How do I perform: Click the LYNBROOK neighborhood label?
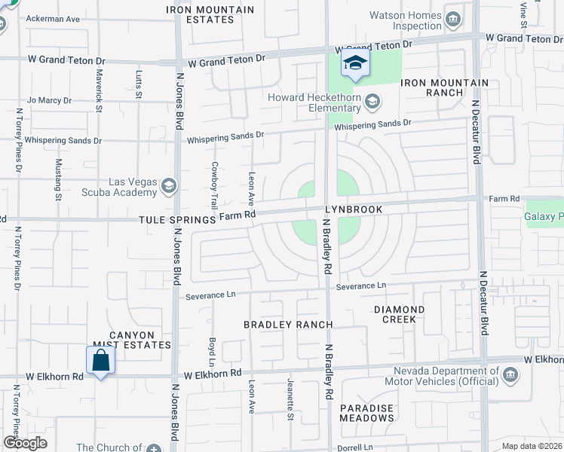click(354, 209)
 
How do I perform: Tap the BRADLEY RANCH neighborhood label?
click(288, 325)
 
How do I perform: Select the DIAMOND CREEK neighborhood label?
click(399, 314)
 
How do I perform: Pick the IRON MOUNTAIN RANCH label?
click(444, 87)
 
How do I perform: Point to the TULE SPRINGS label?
click(179, 218)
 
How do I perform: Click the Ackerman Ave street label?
click(53, 18)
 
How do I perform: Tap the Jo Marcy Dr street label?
click(49, 99)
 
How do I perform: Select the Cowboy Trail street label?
click(214, 185)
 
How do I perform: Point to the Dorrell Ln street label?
click(357, 447)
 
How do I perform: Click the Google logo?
click(26, 443)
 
